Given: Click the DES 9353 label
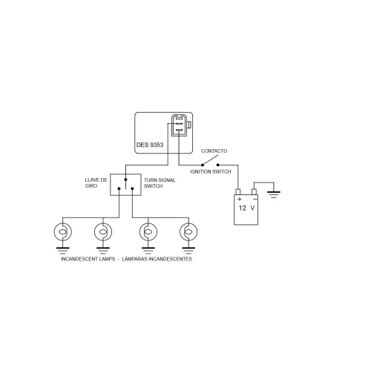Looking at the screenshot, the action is [x=150, y=145].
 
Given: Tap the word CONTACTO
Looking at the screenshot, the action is [x=214, y=151].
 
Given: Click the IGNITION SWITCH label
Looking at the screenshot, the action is [x=211, y=171].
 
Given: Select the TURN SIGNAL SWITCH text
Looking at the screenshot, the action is [x=160, y=183].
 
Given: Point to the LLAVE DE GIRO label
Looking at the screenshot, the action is [x=96, y=183].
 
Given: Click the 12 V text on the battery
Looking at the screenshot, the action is [x=246, y=208].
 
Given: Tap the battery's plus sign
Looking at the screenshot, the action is [x=240, y=199].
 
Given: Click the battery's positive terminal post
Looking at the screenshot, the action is [x=238, y=191].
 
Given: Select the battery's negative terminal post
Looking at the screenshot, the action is [x=254, y=191].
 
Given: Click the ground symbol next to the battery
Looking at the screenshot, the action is [x=274, y=194].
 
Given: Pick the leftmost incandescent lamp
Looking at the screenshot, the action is [x=63, y=232].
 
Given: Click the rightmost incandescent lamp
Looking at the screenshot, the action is [x=188, y=232].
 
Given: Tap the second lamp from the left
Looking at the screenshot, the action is [x=103, y=232].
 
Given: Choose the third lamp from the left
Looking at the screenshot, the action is [x=148, y=232].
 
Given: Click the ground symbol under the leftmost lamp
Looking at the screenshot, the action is [x=63, y=251].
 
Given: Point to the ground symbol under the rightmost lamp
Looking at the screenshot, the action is [x=188, y=251].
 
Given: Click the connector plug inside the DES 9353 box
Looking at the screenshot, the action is [x=180, y=125].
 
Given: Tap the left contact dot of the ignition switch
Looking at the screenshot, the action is [x=203, y=165].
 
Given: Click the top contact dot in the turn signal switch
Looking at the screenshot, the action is [x=125, y=180].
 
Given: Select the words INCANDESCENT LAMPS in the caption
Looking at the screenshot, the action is [x=88, y=259].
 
